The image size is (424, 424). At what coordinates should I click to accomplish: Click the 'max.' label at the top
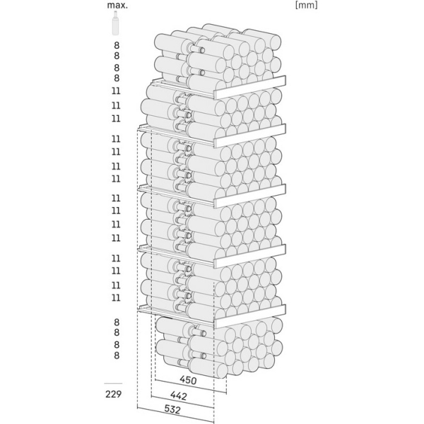pyautogui.click(x=117, y=5)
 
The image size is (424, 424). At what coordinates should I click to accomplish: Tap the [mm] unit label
pyautogui.click(x=307, y=5)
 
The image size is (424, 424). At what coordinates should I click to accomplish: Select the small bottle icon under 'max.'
pyautogui.click(x=115, y=23)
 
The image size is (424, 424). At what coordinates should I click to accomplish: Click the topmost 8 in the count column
pyautogui.click(x=117, y=45)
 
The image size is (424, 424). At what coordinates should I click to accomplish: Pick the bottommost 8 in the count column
pyautogui.click(x=117, y=355)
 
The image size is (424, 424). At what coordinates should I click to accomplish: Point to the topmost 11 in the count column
pyautogui.click(x=116, y=91)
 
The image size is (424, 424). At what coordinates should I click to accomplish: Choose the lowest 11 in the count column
pyautogui.click(x=116, y=298)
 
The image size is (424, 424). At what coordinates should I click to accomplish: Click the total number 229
pyautogui.click(x=114, y=394)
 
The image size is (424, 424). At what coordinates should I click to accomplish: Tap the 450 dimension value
pyautogui.click(x=188, y=380)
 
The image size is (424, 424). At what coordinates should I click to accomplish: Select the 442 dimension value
pyautogui.click(x=179, y=396)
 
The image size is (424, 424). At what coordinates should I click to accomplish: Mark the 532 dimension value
pyautogui.click(x=172, y=409)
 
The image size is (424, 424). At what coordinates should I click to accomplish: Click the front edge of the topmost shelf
pyautogui.click(x=250, y=88)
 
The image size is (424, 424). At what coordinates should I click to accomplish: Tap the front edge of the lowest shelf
pyautogui.click(x=250, y=316)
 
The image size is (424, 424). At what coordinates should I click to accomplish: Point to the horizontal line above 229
pyautogui.click(x=113, y=384)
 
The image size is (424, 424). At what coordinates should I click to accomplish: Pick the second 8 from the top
pyautogui.click(x=117, y=56)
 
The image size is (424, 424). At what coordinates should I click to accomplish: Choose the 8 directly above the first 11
pyautogui.click(x=117, y=78)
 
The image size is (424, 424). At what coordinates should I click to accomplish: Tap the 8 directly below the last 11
pyautogui.click(x=117, y=322)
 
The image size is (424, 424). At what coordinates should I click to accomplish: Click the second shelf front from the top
pyautogui.click(x=250, y=136)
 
